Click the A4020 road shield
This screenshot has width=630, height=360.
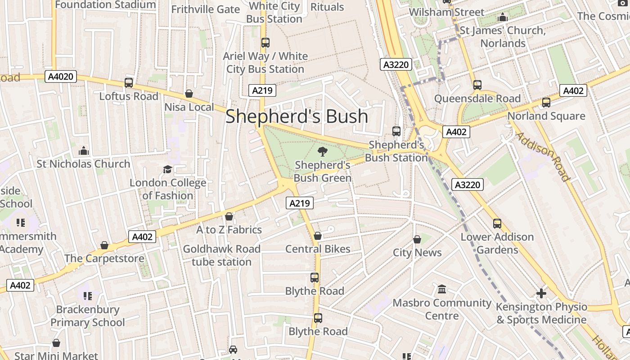(x=61, y=76)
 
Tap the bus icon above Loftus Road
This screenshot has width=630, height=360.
(x=129, y=83)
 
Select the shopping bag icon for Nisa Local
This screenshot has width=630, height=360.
(x=189, y=94)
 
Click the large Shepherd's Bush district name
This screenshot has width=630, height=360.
(x=297, y=116)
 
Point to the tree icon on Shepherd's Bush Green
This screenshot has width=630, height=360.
(x=322, y=152)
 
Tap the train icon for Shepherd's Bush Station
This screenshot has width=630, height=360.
(x=396, y=131)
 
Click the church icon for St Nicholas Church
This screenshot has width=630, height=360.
(x=84, y=151)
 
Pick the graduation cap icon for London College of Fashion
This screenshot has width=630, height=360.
(x=167, y=170)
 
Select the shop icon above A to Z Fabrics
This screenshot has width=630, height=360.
(x=229, y=216)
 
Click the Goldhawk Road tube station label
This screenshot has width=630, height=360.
(x=222, y=255)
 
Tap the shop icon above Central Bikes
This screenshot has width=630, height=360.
(x=318, y=235)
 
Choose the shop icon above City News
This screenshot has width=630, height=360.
(x=417, y=239)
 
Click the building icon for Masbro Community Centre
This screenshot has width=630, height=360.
(x=442, y=289)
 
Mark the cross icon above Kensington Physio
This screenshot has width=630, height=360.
(x=541, y=293)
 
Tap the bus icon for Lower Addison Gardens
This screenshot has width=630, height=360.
(x=497, y=224)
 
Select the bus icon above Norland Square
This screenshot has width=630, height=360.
(x=546, y=103)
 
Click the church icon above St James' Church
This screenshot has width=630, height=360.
(x=503, y=18)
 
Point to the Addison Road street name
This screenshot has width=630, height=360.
(x=543, y=156)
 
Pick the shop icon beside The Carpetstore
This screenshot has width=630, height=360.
(x=104, y=245)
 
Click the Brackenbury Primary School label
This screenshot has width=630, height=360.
(x=88, y=316)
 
